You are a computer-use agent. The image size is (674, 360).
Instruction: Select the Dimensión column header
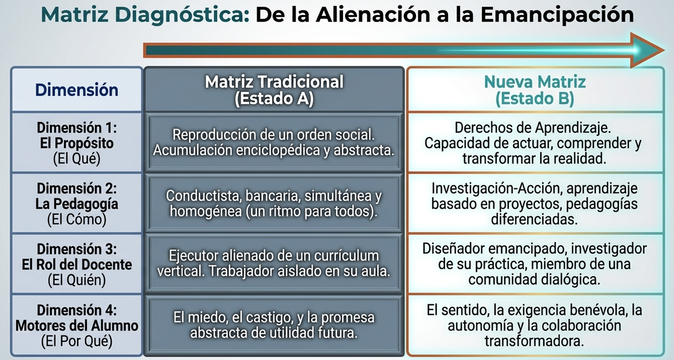[77, 90]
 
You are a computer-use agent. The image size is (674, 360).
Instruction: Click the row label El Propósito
[77, 143]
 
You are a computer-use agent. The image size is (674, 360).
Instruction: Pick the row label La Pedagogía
[77, 204]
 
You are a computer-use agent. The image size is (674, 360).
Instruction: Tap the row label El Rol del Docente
[77, 264]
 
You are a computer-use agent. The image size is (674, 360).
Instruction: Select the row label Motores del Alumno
[77, 326]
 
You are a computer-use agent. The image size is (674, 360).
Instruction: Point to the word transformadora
[534, 341]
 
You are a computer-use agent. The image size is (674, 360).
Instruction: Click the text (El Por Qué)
[77, 341]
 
